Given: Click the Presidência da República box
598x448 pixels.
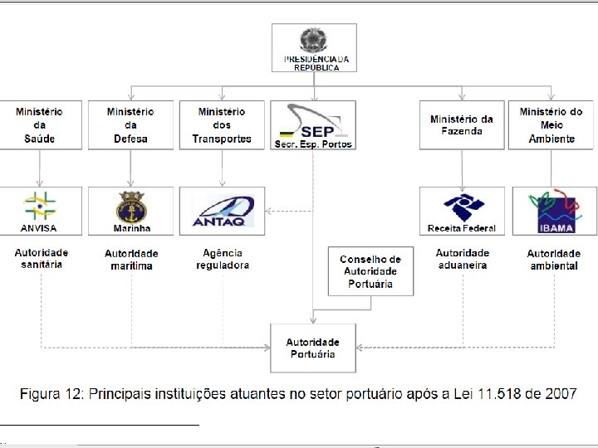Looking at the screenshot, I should click(x=315, y=47).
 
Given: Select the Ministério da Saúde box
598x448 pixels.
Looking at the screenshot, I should click(x=39, y=125).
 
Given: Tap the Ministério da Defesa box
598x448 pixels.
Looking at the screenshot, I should click(x=130, y=125).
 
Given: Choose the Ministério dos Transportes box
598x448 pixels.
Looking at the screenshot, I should click(x=222, y=125).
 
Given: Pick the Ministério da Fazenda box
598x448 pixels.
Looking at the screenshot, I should click(x=461, y=125).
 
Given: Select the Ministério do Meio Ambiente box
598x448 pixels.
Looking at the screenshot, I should click(x=551, y=125).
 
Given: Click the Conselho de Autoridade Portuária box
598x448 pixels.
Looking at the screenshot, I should click(x=370, y=271).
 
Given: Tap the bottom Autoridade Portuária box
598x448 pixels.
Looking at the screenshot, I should click(x=313, y=348).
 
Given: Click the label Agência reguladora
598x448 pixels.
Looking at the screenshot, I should click(x=223, y=259).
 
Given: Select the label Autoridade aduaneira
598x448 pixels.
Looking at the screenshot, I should click(x=463, y=259).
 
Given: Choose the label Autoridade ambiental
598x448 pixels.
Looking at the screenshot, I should click(x=553, y=260).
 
